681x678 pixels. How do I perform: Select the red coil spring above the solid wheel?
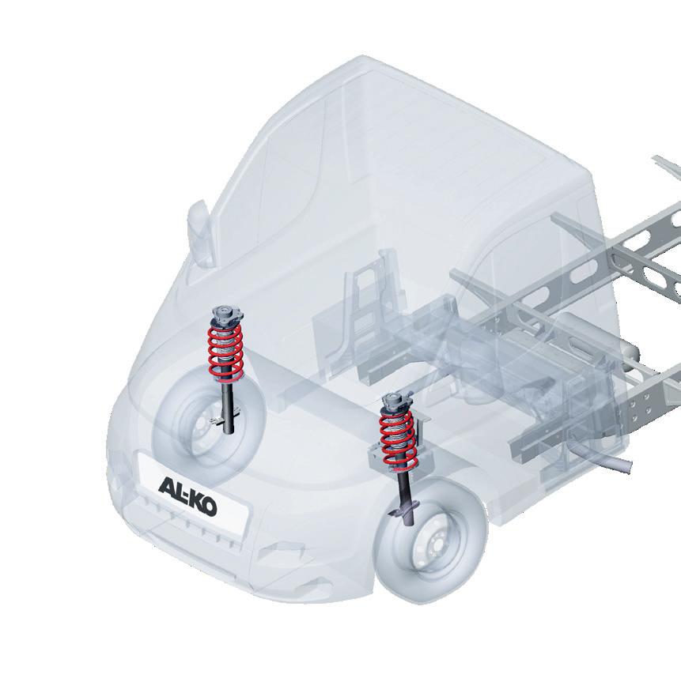(399, 441)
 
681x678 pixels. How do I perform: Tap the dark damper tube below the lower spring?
(407, 498)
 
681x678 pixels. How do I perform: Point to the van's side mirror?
(200, 232)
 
